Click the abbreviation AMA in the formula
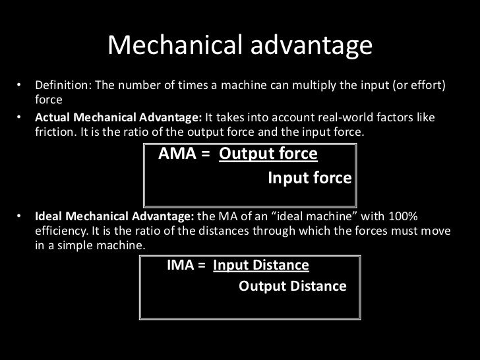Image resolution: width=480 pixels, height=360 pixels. pyautogui.click(x=179, y=154)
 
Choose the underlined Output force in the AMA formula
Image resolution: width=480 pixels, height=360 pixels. pyautogui.click(x=268, y=154)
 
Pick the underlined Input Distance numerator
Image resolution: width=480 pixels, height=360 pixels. pyautogui.click(x=261, y=266)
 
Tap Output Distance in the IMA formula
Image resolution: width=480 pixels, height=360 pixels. pyautogui.click(x=292, y=287)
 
